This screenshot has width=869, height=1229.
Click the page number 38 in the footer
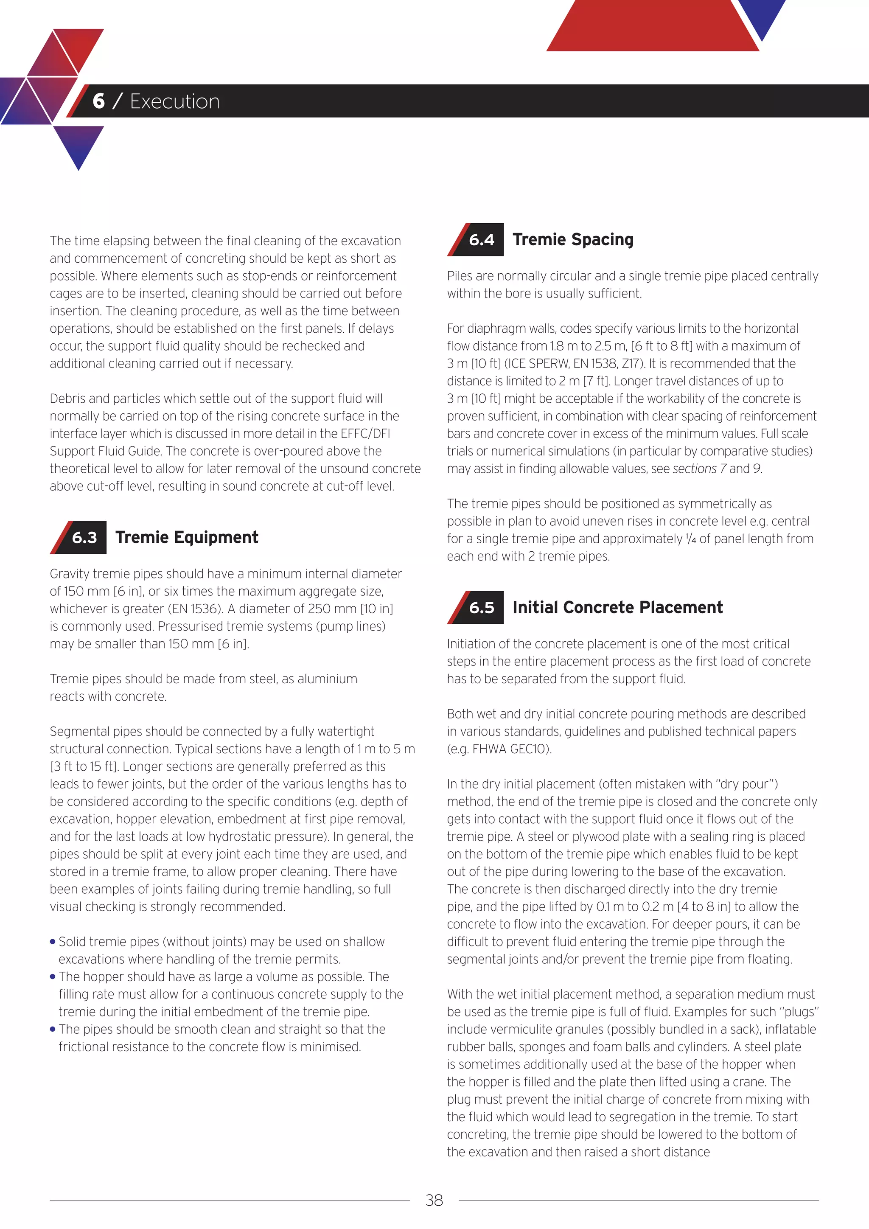[x=434, y=1200]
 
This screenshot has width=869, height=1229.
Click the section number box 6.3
[x=84, y=537]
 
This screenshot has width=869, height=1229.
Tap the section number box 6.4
[x=482, y=240]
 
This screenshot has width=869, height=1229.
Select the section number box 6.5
[x=482, y=608]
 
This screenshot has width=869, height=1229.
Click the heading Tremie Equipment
[x=187, y=537]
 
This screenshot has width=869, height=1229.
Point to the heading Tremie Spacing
[x=572, y=240]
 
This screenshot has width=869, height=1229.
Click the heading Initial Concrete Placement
[x=617, y=608]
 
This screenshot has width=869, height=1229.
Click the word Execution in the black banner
[x=175, y=101]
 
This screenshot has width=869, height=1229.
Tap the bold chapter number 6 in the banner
[x=98, y=101]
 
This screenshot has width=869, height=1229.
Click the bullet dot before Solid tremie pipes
[x=53, y=942]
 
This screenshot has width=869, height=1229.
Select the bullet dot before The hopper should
[x=53, y=977]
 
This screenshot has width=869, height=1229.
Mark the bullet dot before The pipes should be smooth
[x=53, y=1030]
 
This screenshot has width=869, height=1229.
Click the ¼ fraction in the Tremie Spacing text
[x=691, y=539]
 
